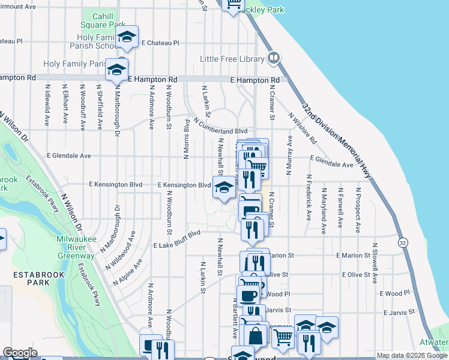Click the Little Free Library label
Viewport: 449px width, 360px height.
pyautogui.click(x=232, y=59)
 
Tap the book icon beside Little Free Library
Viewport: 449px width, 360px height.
pyautogui.click(x=274, y=58)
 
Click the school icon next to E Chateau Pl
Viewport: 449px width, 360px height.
pyautogui.click(x=127, y=37)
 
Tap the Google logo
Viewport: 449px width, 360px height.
pyautogui.click(x=20, y=353)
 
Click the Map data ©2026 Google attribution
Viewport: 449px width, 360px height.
pyautogui.click(x=412, y=355)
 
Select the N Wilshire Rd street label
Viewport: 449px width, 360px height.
pyautogui.click(x=302, y=128)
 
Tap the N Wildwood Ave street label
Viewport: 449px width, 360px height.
pyautogui.click(x=121, y=250)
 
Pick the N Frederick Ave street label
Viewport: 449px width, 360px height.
pyautogui.click(x=309, y=197)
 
